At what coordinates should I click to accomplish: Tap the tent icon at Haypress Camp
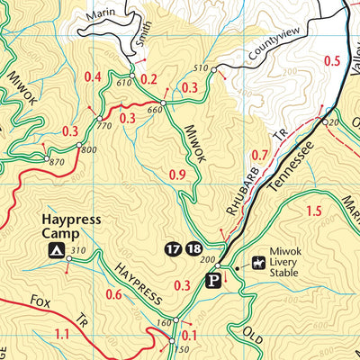click(x=56, y=250)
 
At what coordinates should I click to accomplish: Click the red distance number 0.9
click(x=176, y=174)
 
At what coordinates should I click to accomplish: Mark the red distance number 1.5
click(x=313, y=211)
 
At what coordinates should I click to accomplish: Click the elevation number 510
click(x=200, y=69)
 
